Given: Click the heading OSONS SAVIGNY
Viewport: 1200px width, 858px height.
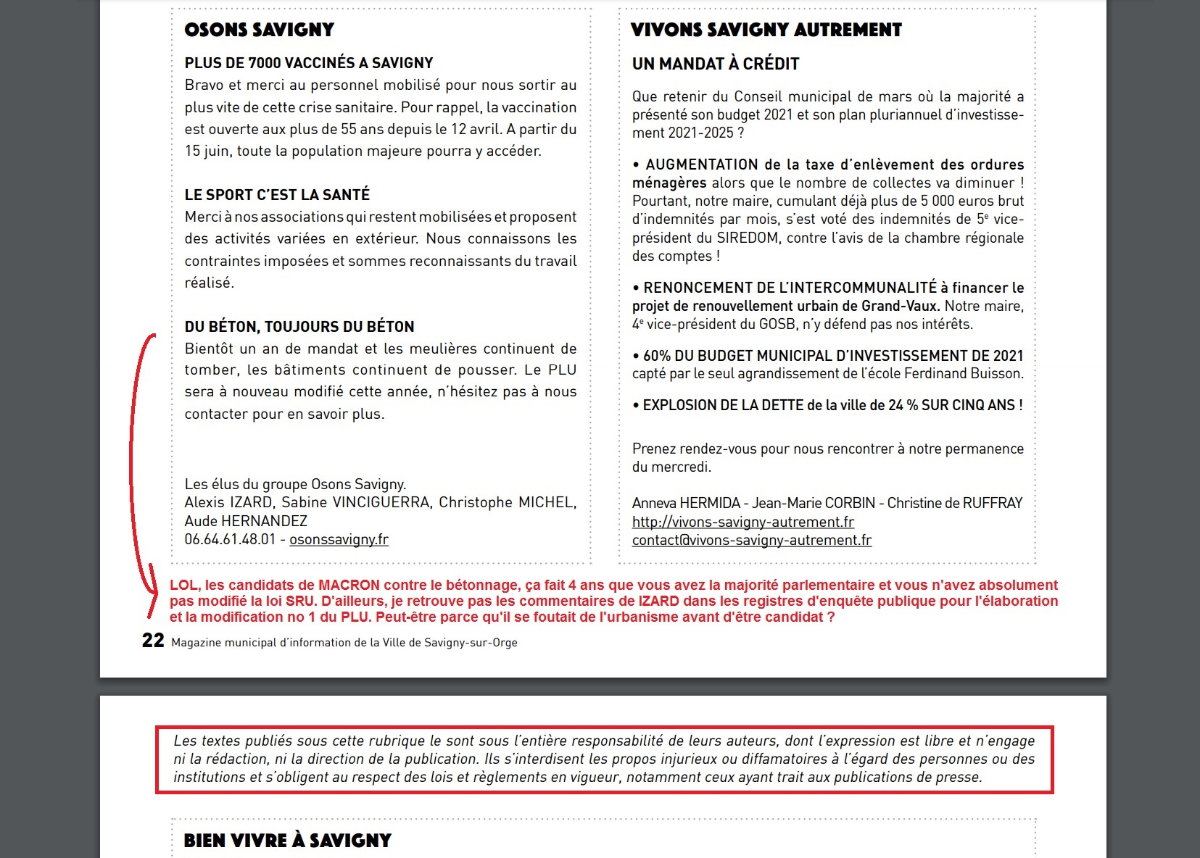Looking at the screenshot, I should (259, 30).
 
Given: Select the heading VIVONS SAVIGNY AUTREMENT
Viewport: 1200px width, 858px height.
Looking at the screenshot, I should (766, 30).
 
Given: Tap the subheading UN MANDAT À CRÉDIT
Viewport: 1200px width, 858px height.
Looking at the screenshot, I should (715, 64).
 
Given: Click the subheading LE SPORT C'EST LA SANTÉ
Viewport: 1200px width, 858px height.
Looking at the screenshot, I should (277, 194).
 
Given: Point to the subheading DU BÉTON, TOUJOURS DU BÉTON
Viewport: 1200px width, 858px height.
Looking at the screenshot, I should (299, 326).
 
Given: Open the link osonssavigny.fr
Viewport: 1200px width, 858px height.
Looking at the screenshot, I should (339, 539).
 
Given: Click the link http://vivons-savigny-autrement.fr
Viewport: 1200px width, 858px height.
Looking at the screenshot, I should (742, 522).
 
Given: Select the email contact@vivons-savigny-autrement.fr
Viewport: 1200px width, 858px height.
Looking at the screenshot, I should (751, 540).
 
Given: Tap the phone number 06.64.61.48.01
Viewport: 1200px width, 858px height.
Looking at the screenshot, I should (230, 539).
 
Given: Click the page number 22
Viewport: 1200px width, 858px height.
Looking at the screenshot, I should (153, 641).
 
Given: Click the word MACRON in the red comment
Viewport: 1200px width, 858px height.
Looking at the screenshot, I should (349, 585).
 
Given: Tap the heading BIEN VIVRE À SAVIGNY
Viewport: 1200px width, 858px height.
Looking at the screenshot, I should (287, 841).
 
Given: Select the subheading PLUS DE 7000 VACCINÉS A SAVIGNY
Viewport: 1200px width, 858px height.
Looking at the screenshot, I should (308, 63).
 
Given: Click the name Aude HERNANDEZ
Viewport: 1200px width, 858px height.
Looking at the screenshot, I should (246, 521).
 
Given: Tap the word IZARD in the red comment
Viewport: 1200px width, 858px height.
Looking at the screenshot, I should (658, 601).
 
